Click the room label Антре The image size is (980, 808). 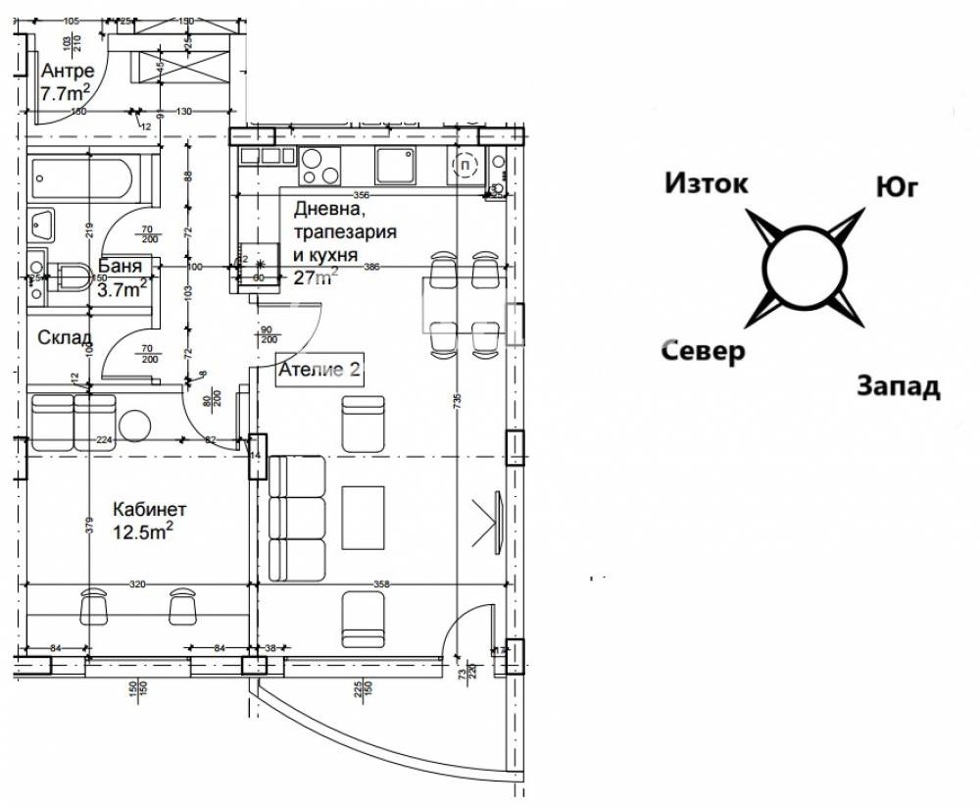pyautogui.click(x=69, y=72)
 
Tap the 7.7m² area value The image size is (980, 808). pyautogui.click(x=66, y=94)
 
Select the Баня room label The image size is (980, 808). pyautogui.click(x=121, y=266)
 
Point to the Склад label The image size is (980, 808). pyautogui.click(x=65, y=337)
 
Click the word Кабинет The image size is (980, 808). pyautogui.click(x=149, y=509)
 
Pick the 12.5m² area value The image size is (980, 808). pyautogui.click(x=143, y=531)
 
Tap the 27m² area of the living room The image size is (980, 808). pyautogui.click(x=316, y=277)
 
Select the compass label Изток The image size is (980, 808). pyautogui.click(x=707, y=183)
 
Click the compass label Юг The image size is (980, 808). pyautogui.click(x=897, y=188)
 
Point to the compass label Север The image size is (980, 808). pyautogui.click(x=703, y=351)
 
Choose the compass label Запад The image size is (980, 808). pyautogui.click(x=899, y=386)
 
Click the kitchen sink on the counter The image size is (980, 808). pyautogui.click(x=397, y=164)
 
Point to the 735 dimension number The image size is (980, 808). pyautogui.click(x=457, y=399)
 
